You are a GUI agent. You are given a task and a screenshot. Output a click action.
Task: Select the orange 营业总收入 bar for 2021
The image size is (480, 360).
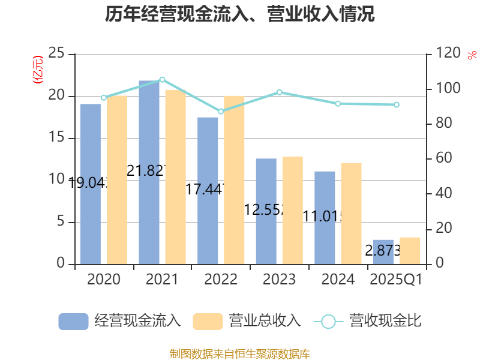coord(176,176)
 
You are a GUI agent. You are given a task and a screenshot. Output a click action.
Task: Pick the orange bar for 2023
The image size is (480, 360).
coord(293,210)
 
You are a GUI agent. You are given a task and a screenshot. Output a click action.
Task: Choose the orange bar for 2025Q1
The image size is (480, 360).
coord(410,250)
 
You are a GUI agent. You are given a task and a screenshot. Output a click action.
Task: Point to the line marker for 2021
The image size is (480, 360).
coord(162,79)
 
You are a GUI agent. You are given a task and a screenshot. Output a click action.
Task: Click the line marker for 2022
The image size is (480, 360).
coord(221,112)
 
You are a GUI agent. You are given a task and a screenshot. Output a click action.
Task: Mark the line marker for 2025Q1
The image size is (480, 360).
coord(397,105)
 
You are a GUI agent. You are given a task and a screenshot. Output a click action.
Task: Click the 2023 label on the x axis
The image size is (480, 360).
coord(279,280)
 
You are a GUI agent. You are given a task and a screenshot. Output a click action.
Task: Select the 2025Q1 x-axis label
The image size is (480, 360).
coord(396,280)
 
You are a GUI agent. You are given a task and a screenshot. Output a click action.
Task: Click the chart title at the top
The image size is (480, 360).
coord(240,14)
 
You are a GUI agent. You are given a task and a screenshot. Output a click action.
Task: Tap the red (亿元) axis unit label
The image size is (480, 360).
coord(38,69)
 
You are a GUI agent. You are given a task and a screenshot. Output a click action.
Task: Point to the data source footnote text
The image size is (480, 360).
coord(240,353)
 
